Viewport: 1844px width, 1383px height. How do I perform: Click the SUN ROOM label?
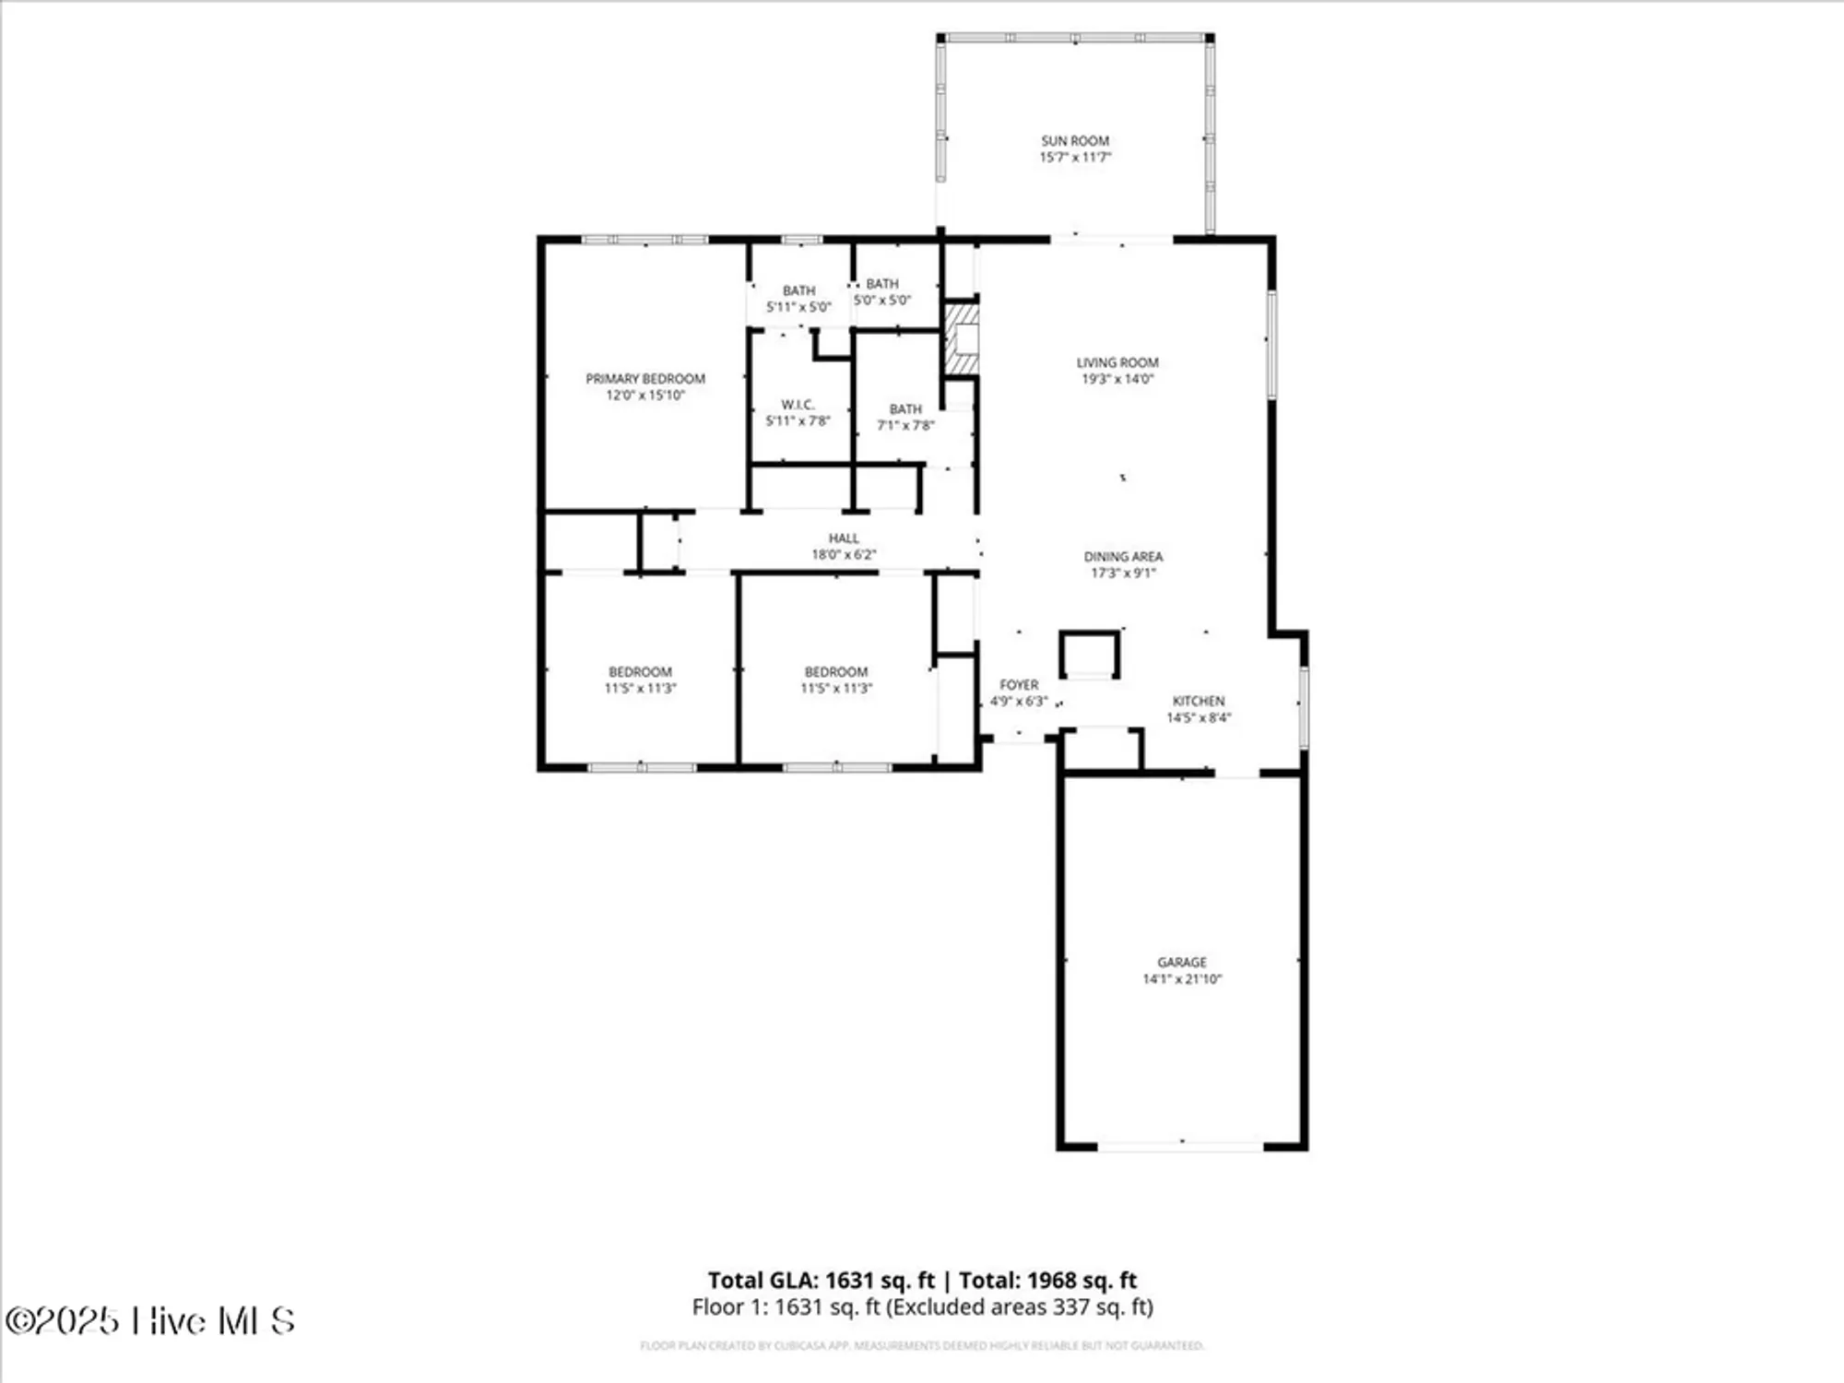click(1075, 141)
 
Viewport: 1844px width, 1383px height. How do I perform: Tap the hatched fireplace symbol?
click(961, 340)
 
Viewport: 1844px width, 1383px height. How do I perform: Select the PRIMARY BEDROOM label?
click(645, 379)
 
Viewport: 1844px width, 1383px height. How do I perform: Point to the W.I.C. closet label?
click(798, 405)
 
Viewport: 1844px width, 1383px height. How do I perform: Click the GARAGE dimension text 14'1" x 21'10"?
click(1182, 979)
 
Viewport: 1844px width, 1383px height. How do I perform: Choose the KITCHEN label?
click(1199, 701)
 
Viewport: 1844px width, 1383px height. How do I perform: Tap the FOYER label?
click(1019, 685)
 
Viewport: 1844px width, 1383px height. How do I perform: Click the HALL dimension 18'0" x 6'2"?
click(844, 554)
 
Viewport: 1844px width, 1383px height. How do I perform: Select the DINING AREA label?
click(1123, 557)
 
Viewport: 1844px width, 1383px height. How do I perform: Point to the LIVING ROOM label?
click(1117, 362)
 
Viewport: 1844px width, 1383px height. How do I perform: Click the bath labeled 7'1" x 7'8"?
click(905, 417)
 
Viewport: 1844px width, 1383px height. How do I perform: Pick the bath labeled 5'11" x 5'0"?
click(798, 299)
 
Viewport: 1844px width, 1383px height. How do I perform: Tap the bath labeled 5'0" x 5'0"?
click(882, 291)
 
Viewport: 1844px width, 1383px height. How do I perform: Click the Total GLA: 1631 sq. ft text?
click(821, 1280)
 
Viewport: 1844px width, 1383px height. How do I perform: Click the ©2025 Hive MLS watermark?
click(149, 1321)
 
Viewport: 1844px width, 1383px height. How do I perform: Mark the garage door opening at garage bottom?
click(1181, 1146)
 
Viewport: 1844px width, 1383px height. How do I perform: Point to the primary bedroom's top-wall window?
click(644, 240)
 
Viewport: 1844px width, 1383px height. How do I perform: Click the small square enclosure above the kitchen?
click(1089, 655)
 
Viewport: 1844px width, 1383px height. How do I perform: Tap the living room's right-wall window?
click(1271, 345)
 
